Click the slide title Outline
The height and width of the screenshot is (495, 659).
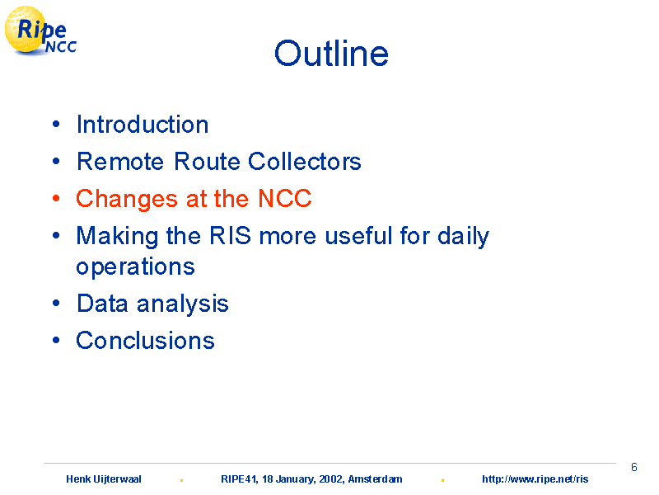331,54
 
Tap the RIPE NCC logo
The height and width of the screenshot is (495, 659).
40,31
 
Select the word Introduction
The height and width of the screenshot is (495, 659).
143,125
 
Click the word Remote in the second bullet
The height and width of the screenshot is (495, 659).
120,161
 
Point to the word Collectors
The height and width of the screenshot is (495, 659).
304,161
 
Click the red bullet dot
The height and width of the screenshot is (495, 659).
56,198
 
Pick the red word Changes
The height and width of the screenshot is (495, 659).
127,200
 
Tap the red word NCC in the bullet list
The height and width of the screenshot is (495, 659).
284,198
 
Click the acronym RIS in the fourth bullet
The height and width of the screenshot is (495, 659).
231,235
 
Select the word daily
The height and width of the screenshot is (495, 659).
463,237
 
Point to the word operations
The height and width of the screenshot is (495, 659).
135,266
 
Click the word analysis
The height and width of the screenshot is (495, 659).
182,304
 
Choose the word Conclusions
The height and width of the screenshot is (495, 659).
145,340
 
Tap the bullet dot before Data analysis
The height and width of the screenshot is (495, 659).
56,303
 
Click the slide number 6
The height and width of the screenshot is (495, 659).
633,467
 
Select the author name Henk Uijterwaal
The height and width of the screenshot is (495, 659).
104,479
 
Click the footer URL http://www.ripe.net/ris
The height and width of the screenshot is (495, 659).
535,479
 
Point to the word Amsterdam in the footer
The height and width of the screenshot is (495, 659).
375,479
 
